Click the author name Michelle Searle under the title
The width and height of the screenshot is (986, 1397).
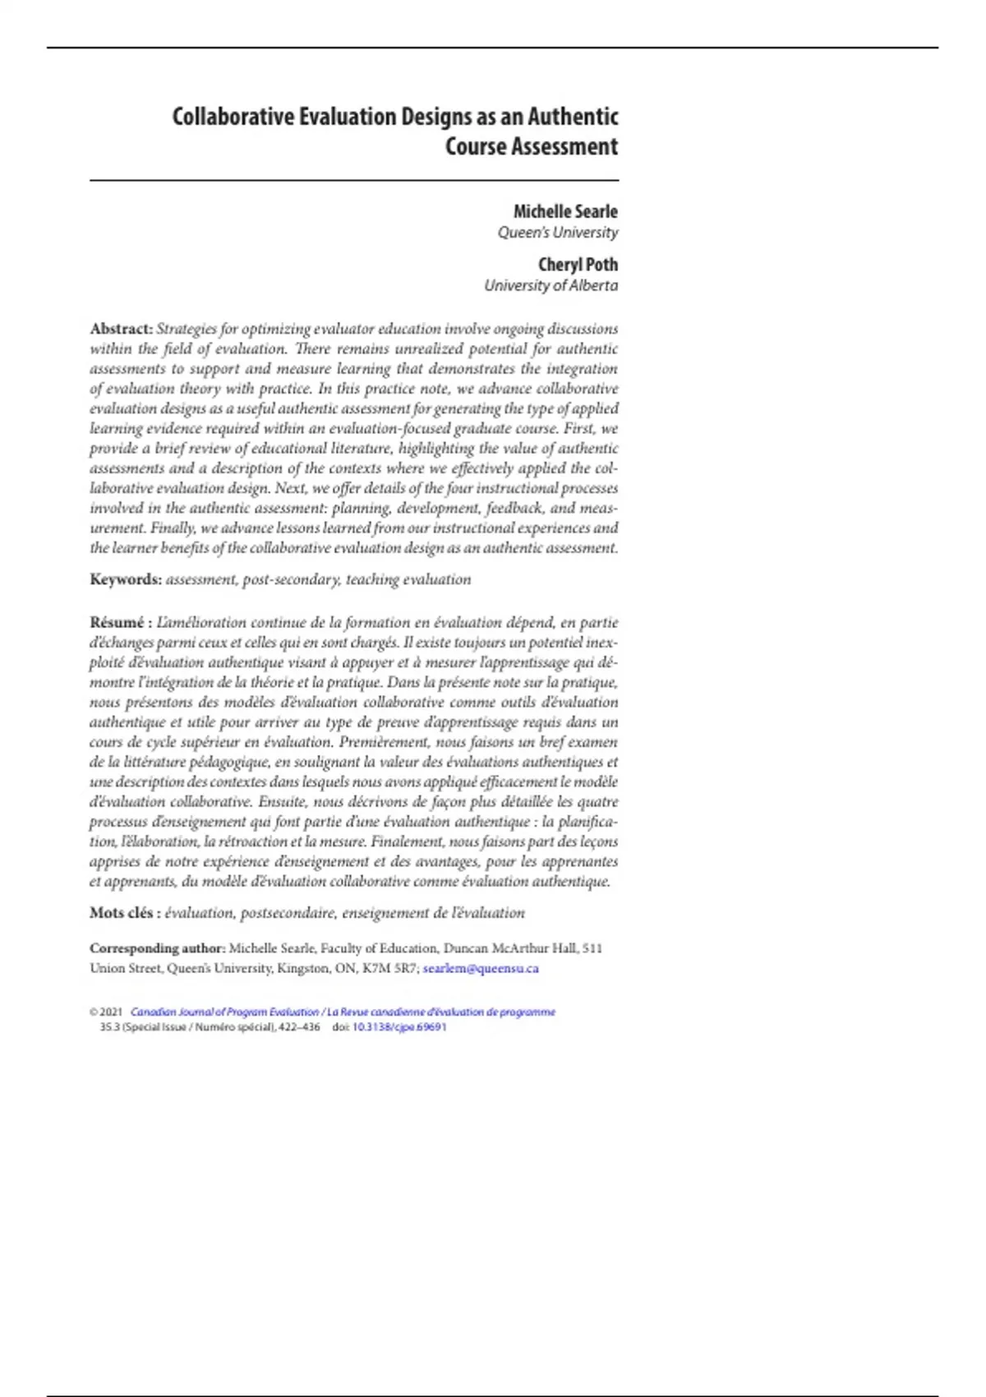[565, 211]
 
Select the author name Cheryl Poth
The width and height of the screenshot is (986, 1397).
[578, 265]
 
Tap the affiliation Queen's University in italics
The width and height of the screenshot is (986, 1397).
[558, 233]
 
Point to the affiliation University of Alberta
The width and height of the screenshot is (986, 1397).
[551, 285]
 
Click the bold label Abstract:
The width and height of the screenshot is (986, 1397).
[121, 329]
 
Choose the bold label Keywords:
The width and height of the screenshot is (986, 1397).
[126, 579]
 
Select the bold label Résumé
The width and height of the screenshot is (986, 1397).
[117, 622]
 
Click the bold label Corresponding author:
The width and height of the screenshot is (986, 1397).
[157, 948]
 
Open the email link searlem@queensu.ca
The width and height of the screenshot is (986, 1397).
[481, 968]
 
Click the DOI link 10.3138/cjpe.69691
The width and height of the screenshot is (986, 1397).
[399, 1027]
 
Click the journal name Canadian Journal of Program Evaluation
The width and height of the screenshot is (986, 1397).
[224, 1012]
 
